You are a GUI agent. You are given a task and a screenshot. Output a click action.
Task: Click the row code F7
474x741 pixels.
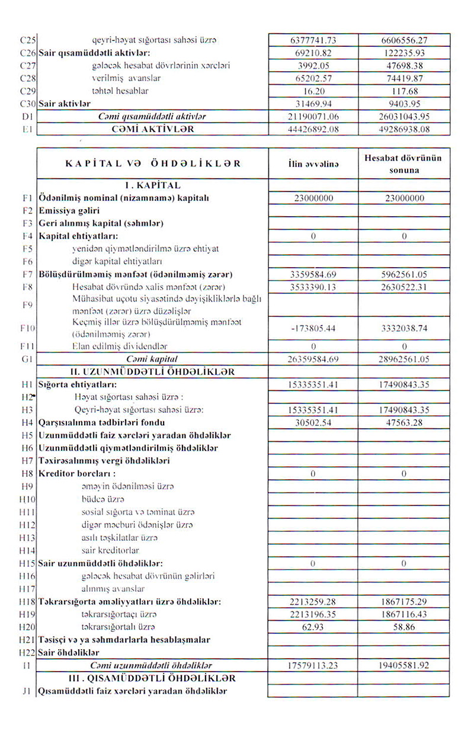pos(26,275)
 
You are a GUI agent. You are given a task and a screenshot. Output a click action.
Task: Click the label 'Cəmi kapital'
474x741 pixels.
pos(152,360)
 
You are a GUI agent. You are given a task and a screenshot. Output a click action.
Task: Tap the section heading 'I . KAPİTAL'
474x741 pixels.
pos(152,185)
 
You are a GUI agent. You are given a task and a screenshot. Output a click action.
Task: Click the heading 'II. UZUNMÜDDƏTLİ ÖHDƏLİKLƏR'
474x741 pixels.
pos(152,372)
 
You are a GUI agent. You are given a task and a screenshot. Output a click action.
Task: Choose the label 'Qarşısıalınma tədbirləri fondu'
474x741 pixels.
pos(101,423)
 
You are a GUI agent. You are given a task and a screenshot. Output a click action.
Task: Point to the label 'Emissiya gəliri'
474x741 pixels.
pos(69,210)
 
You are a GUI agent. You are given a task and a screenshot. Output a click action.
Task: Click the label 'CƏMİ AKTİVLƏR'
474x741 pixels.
pos(152,129)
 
